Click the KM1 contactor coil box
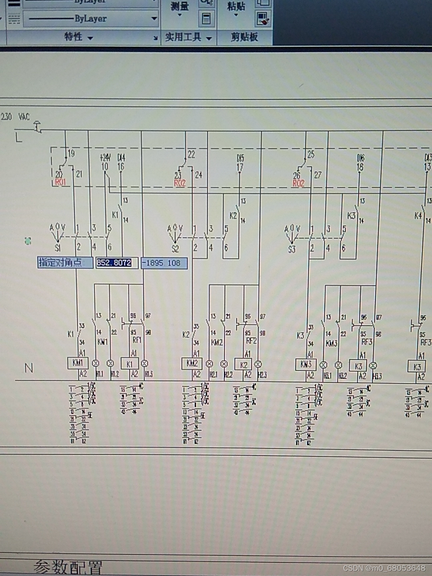[x=78, y=363]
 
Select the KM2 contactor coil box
[x=192, y=363]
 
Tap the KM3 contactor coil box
[x=306, y=364]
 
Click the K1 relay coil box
[x=130, y=364]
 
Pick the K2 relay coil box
[x=244, y=365]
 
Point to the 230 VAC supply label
[x=15, y=117]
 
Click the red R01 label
[x=60, y=182]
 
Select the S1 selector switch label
[x=58, y=248]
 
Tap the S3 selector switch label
[x=292, y=250]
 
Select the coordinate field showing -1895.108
[x=164, y=263]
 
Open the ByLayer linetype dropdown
[x=91, y=18]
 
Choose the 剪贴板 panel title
[x=244, y=37]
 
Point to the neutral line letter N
[x=29, y=368]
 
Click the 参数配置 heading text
[x=68, y=567]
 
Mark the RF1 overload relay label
[x=137, y=340]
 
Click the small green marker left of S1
[x=28, y=241]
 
